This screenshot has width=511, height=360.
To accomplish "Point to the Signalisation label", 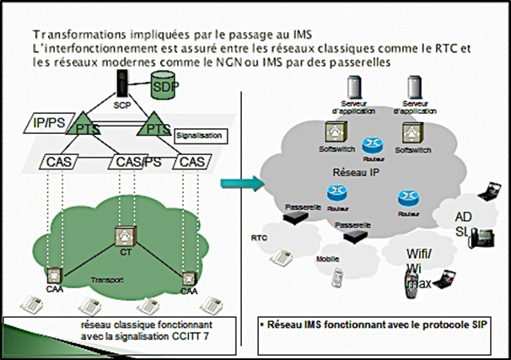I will [197, 134].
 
